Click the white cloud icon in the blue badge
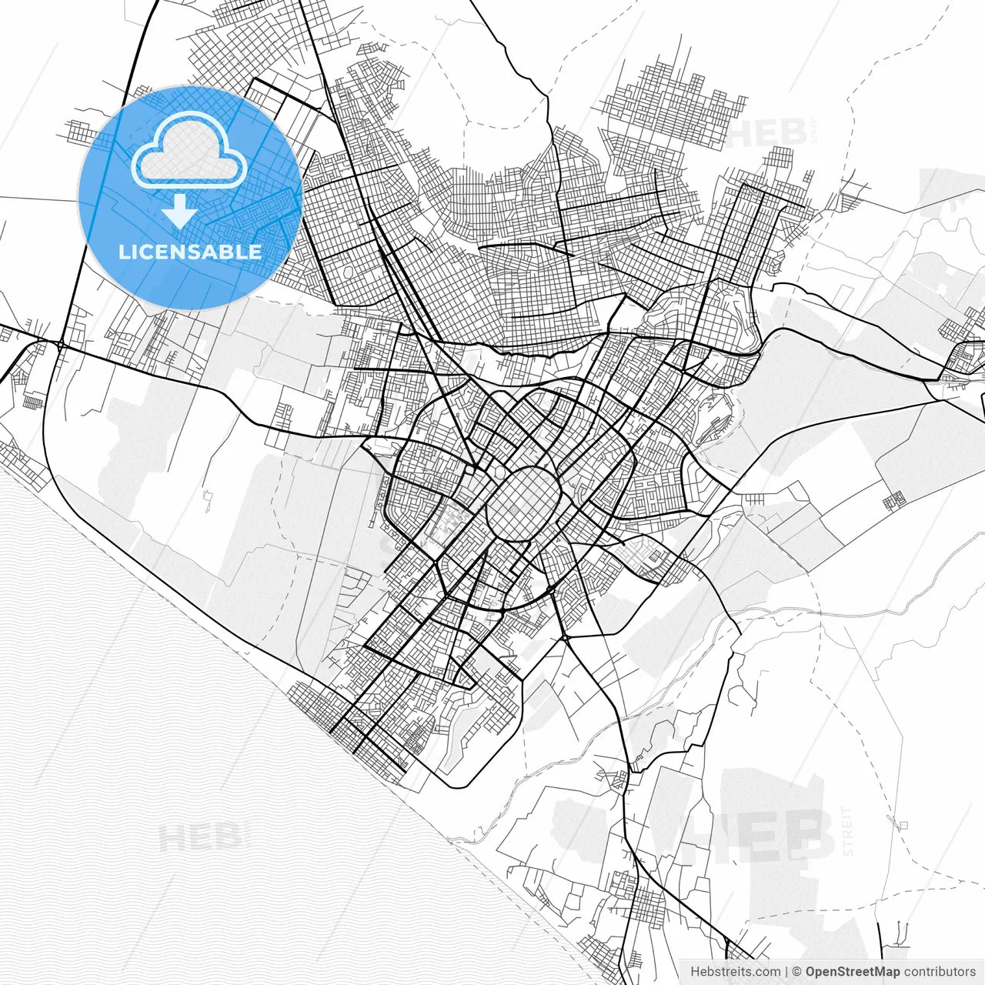point(189,153)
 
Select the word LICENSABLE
point(189,252)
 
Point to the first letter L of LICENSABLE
point(123,252)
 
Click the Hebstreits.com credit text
point(735,972)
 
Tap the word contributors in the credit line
point(940,972)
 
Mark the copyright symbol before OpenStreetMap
point(797,972)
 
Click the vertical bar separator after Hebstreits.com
point(786,972)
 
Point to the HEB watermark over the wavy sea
point(202,837)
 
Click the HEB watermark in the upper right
point(768,132)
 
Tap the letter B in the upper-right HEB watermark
point(793,132)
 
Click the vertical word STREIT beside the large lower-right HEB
point(848,831)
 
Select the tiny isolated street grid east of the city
point(893,502)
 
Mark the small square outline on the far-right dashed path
point(903,826)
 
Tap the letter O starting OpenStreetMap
point(810,972)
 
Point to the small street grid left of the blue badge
point(82,132)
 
